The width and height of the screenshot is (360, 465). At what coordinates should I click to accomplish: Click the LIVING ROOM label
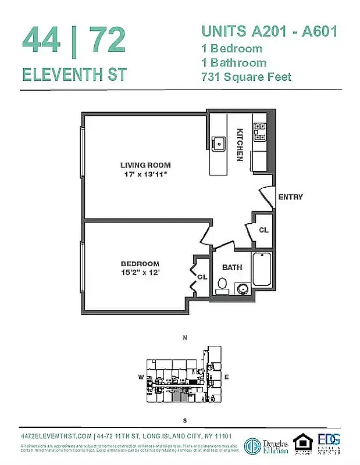145,165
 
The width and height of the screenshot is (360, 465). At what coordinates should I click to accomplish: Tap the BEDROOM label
140,263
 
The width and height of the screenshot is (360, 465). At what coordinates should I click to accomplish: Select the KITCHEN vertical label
239,144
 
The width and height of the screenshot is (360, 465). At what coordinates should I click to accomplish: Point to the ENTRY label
290,197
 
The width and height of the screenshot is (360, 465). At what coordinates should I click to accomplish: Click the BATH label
232,267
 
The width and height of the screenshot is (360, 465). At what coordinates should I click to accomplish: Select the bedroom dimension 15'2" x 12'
140,272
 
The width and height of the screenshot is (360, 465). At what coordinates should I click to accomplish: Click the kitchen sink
219,142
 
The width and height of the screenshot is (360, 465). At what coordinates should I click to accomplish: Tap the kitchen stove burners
259,132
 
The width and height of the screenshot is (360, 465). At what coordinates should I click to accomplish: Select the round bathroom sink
241,288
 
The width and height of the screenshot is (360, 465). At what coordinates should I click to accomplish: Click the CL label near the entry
263,230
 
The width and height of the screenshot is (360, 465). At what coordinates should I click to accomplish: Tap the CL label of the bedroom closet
202,277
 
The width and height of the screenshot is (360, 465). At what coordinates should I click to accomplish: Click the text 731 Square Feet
246,77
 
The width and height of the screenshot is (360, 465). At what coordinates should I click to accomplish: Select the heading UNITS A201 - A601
269,31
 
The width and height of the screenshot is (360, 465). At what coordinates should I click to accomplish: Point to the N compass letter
185,338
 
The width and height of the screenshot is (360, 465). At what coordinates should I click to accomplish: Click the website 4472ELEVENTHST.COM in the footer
56,437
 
